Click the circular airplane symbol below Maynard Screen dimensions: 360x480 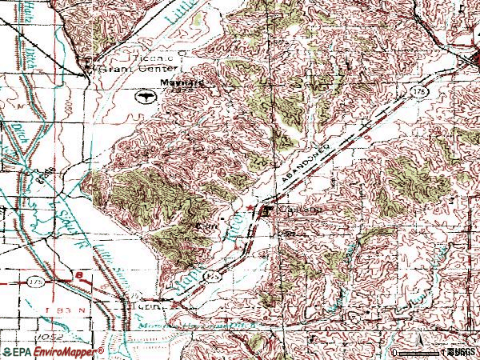pos(146,98)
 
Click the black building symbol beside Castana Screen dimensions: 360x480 pos(266,211)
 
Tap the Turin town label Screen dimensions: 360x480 pos(152,305)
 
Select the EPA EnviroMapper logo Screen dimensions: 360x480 pos(52,352)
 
